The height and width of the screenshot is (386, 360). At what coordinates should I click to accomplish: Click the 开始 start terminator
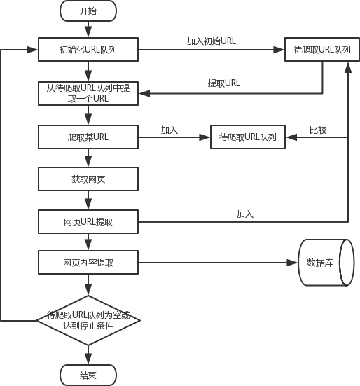coord(88,11)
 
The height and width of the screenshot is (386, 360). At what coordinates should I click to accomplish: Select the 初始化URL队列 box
coord(88,50)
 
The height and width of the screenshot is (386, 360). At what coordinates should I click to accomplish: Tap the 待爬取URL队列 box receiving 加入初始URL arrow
coord(322,50)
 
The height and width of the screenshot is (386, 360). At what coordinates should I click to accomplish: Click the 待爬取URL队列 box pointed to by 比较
coord(248,137)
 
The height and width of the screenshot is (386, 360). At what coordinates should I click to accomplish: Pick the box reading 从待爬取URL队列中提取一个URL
coord(88,94)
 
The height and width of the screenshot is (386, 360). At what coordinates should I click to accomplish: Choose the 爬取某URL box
coord(88,137)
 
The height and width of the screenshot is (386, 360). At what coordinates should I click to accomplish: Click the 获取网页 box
coord(88,179)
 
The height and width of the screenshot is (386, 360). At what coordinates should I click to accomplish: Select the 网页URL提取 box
coord(88,222)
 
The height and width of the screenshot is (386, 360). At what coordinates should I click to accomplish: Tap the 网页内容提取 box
coord(88,263)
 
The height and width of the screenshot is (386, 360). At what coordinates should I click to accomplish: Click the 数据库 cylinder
coord(326,263)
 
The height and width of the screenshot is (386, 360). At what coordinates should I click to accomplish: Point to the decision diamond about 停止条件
coord(88,321)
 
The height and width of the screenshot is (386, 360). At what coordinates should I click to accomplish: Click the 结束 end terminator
coord(88,375)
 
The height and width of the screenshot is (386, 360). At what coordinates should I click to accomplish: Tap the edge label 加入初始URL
coord(212,41)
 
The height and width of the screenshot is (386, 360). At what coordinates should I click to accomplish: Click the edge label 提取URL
coord(223,83)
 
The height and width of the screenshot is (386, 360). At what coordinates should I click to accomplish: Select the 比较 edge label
coord(318,130)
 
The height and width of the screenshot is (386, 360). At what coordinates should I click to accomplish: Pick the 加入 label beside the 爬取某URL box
coord(169,130)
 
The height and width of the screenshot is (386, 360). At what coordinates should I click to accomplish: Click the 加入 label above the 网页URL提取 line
coord(245,214)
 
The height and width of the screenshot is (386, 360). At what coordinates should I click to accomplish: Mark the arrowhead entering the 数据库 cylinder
coord(292,263)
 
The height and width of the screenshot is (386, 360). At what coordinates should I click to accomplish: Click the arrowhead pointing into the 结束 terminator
coord(88,359)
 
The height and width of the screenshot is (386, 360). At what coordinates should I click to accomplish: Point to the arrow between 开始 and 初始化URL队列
coord(88,29)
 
